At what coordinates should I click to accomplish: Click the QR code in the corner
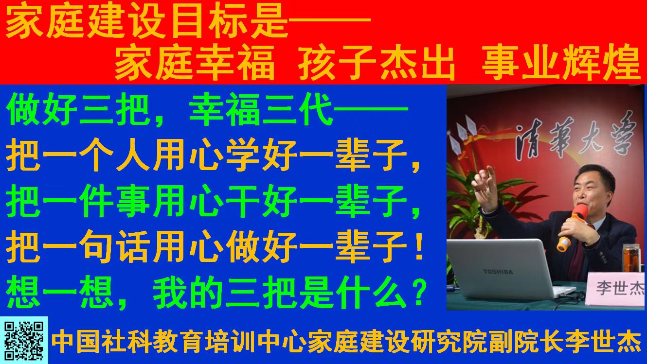point(24,341)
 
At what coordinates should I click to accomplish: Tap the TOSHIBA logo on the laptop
point(498,272)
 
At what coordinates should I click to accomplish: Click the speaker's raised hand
point(485,188)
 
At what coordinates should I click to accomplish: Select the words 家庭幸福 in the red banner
point(195,62)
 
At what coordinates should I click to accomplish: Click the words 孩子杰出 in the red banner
point(377,63)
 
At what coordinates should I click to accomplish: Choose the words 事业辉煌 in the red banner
point(561,63)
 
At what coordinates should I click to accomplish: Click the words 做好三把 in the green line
point(78,110)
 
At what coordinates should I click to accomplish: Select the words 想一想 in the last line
point(60,292)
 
